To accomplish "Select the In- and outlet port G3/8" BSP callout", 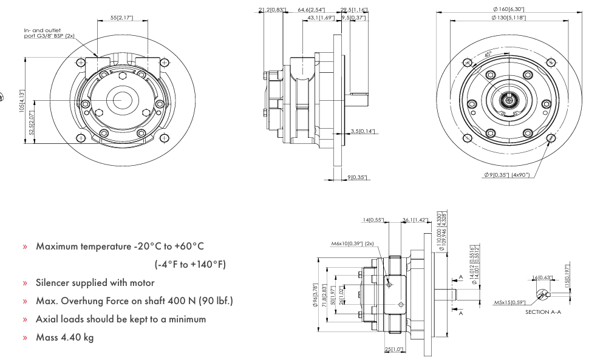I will [49, 33].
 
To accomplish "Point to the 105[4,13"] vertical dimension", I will [22, 101].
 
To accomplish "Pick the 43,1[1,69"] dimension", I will [321, 18].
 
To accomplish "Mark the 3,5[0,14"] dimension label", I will [363, 131].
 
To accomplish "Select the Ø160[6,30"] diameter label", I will [509, 9].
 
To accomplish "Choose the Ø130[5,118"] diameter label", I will [509, 18].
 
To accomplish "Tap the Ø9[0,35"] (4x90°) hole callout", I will [507, 175].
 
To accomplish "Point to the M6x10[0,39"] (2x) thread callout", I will [352, 243].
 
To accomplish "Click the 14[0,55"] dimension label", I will [373, 220].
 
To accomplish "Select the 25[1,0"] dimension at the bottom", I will [394, 350].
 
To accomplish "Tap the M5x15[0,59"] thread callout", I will [509, 302].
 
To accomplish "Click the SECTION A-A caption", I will [543, 312].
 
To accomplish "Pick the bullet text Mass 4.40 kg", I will [65, 337].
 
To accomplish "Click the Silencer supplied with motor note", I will [95, 282].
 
